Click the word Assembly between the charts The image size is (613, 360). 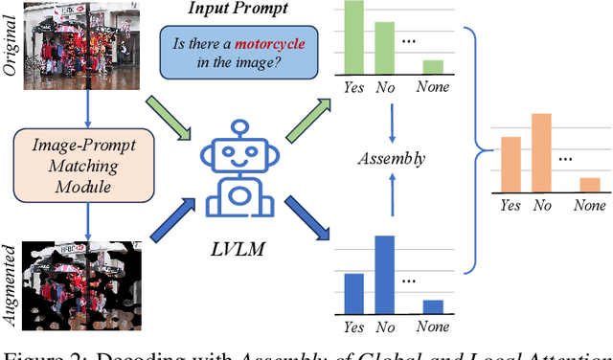coord(392,158)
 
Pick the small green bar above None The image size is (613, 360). coord(433,67)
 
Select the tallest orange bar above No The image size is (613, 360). coord(541,154)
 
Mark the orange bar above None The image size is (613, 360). coord(589,186)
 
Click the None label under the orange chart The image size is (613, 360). coord(589,206)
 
